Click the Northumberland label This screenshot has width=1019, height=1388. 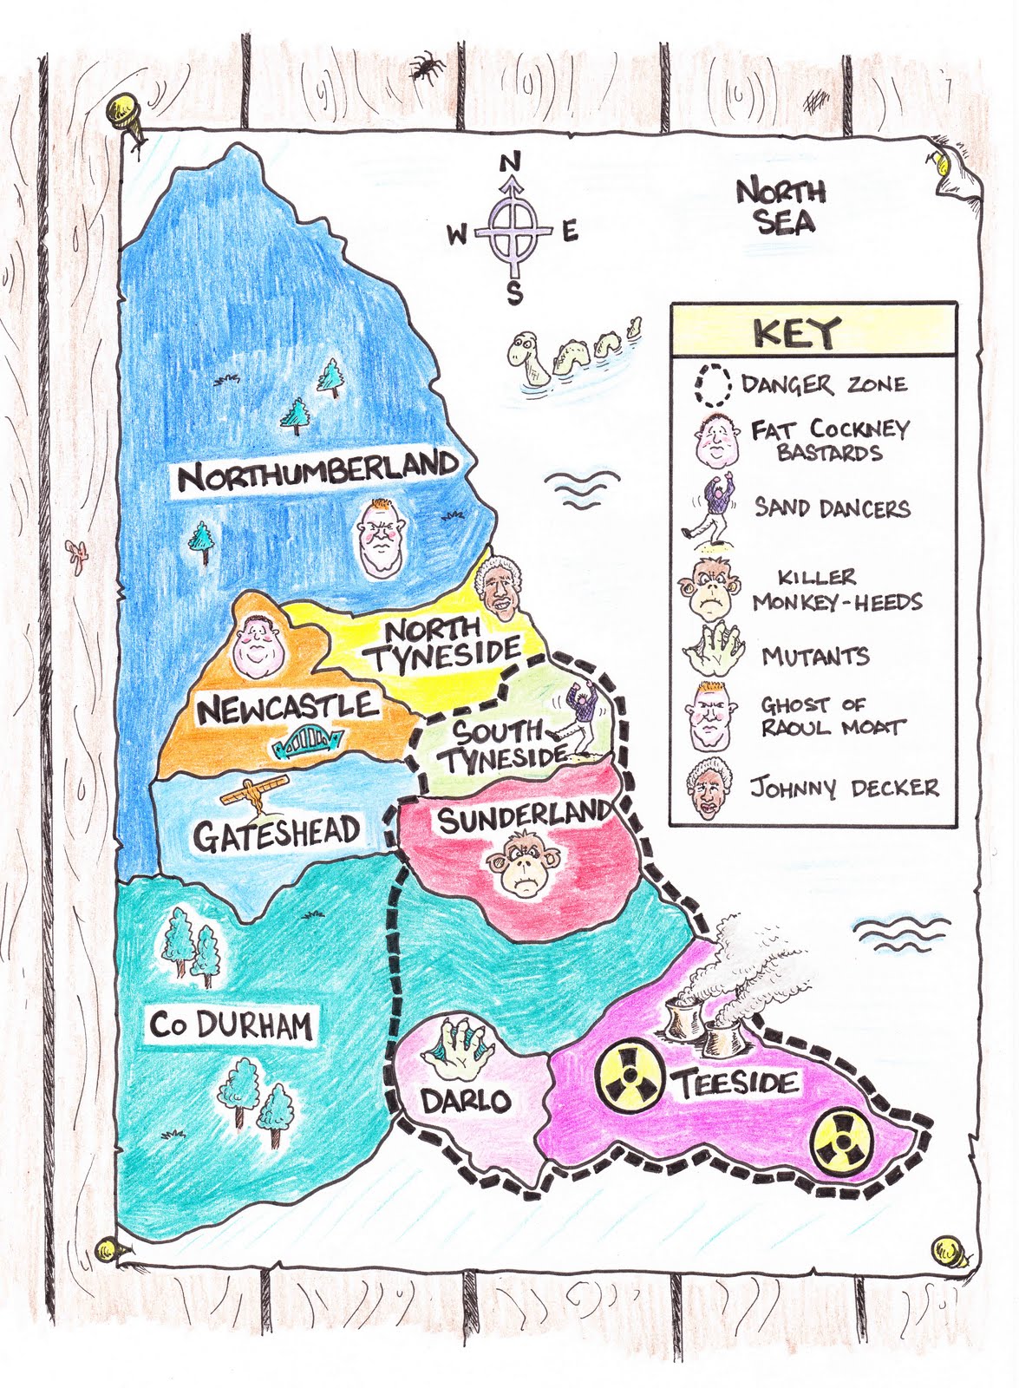[317, 471]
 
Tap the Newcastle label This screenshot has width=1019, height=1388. [287, 708]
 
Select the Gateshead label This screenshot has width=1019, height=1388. [276, 835]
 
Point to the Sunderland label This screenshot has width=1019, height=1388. [525, 816]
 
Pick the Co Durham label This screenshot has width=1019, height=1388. [230, 1025]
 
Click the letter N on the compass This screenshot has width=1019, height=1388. [511, 162]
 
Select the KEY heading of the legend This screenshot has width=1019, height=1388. [796, 332]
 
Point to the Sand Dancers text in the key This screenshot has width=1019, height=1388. [832, 507]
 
